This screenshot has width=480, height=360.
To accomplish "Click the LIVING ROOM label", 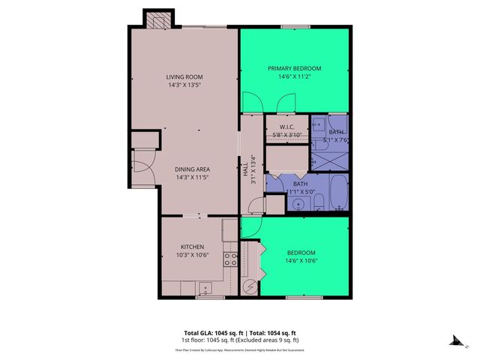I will (x=184, y=77).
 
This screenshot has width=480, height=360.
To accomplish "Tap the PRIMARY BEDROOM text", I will (x=294, y=67).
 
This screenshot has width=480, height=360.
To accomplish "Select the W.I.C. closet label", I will (x=286, y=127).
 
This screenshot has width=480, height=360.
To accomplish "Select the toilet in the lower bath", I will (x=318, y=199).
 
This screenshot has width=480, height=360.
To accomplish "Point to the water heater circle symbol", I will (x=249, y=288).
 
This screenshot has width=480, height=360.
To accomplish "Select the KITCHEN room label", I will (x=192, y=247).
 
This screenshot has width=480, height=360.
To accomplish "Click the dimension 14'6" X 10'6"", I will (x=301, y=261).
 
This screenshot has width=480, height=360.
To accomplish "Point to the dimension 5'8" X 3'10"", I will (x=286, y=135).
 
